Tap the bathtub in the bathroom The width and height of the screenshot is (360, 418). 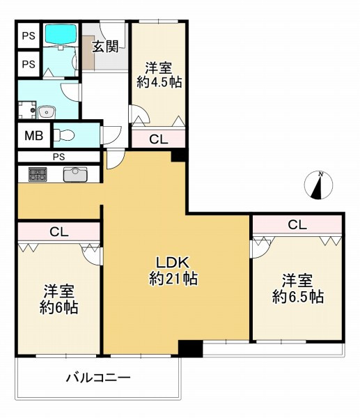pos(61,34)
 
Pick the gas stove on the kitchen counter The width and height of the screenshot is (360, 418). pos(38,174)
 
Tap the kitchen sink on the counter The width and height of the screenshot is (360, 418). pos(75,174)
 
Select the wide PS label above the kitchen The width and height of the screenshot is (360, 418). pos(60,157)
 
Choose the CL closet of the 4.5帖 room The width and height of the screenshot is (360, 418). pos(159,139)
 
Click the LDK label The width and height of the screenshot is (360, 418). pos(173,263)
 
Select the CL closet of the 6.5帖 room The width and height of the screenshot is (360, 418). pos(297,225)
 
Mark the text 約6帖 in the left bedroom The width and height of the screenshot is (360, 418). pos(58,307)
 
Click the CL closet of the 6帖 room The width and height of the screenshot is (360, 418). pos(58,231)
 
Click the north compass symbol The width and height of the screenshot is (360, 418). pos(318,185)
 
